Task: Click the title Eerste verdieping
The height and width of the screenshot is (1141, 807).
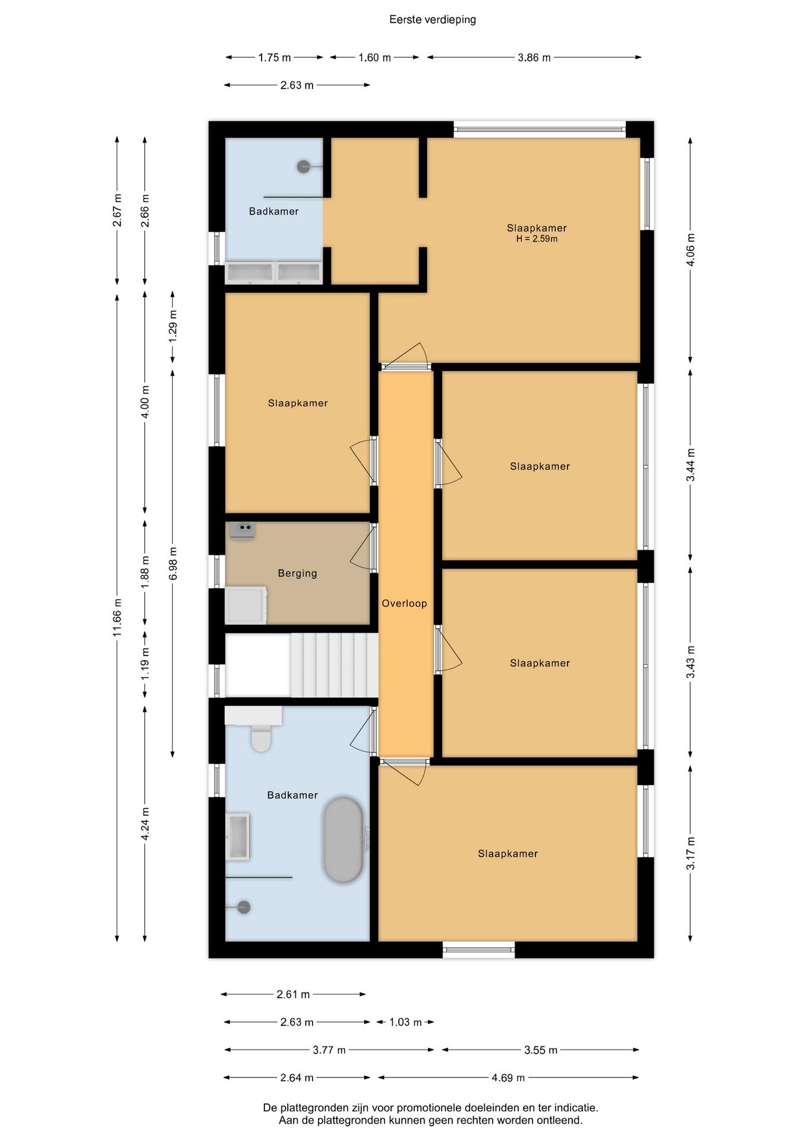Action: tap(432, 20)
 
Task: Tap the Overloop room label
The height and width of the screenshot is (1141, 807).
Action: tap(404, 603)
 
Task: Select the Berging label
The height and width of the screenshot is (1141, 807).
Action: tap(297, 573)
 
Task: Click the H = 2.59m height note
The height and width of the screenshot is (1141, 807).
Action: tap(537, 239)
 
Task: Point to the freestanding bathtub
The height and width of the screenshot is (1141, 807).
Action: tap(343, 840)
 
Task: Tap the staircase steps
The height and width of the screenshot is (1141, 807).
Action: tap(334, 665)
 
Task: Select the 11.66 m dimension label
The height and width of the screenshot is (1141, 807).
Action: tap(117, 617)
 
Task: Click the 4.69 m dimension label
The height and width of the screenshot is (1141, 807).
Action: tap(508, 1077)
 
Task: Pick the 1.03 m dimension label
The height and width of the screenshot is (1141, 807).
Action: tap(405, 1022)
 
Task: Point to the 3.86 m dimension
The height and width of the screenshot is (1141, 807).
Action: tap(534, 58)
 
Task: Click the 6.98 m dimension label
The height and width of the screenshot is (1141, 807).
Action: tap(173, 563)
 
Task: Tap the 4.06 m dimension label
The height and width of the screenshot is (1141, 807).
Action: tap(690, 249)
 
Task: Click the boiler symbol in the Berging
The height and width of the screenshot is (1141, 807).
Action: tap(242, 529)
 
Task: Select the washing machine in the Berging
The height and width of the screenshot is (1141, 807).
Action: tap(246, 605)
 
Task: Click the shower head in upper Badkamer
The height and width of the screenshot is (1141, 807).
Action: tap(304, 166)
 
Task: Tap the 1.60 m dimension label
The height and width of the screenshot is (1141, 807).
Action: tap(374, 58)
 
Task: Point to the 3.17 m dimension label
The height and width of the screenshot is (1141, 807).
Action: tap(690, 853)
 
